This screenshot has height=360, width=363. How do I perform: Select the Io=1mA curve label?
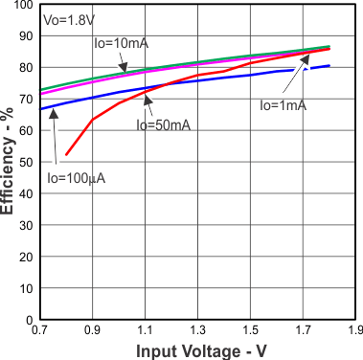tap(284, 105)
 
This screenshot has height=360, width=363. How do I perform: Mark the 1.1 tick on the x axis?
tap(146, 331)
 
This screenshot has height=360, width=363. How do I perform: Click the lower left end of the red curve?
tap(66, 155)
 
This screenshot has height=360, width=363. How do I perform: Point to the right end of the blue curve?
tap(329, 66)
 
